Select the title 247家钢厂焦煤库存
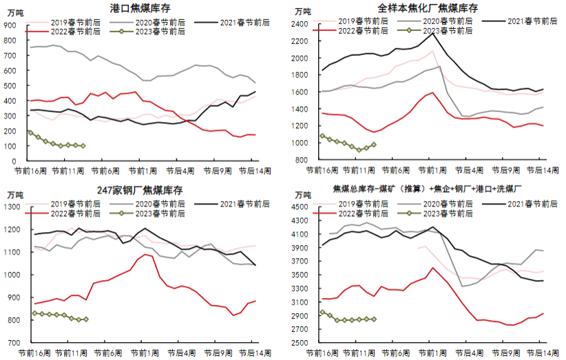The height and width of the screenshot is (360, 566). coord(142,189)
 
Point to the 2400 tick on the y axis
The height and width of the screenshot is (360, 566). coord(302,24)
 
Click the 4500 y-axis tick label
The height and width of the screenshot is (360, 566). coord(302,207)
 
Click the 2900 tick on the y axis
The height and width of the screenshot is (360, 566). coord(302,316)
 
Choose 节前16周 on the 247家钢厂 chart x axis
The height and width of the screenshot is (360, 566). coord(30,352)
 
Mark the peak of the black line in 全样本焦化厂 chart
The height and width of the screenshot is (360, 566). coord(432,33)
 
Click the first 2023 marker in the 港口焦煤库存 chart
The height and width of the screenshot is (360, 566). coord(30,132)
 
